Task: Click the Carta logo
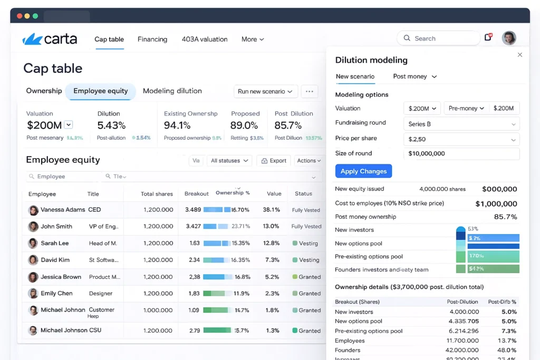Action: click(50, 39)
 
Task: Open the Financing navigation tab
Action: click(152, 40)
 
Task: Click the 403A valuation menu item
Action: click(205, 40)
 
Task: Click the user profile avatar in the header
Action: click(509, 38)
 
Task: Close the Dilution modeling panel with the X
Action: click(520, 55)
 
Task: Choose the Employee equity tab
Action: click(101, 91)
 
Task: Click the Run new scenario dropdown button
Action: click(265, 92)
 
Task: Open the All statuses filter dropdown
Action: click(229, 161)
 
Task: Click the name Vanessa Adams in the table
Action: click(63, 210)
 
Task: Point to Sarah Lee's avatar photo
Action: click(33, 244)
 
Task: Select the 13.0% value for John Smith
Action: click(271, 227)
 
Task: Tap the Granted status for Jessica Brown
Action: click(310, 277)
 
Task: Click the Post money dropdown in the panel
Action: click(414, 77)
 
